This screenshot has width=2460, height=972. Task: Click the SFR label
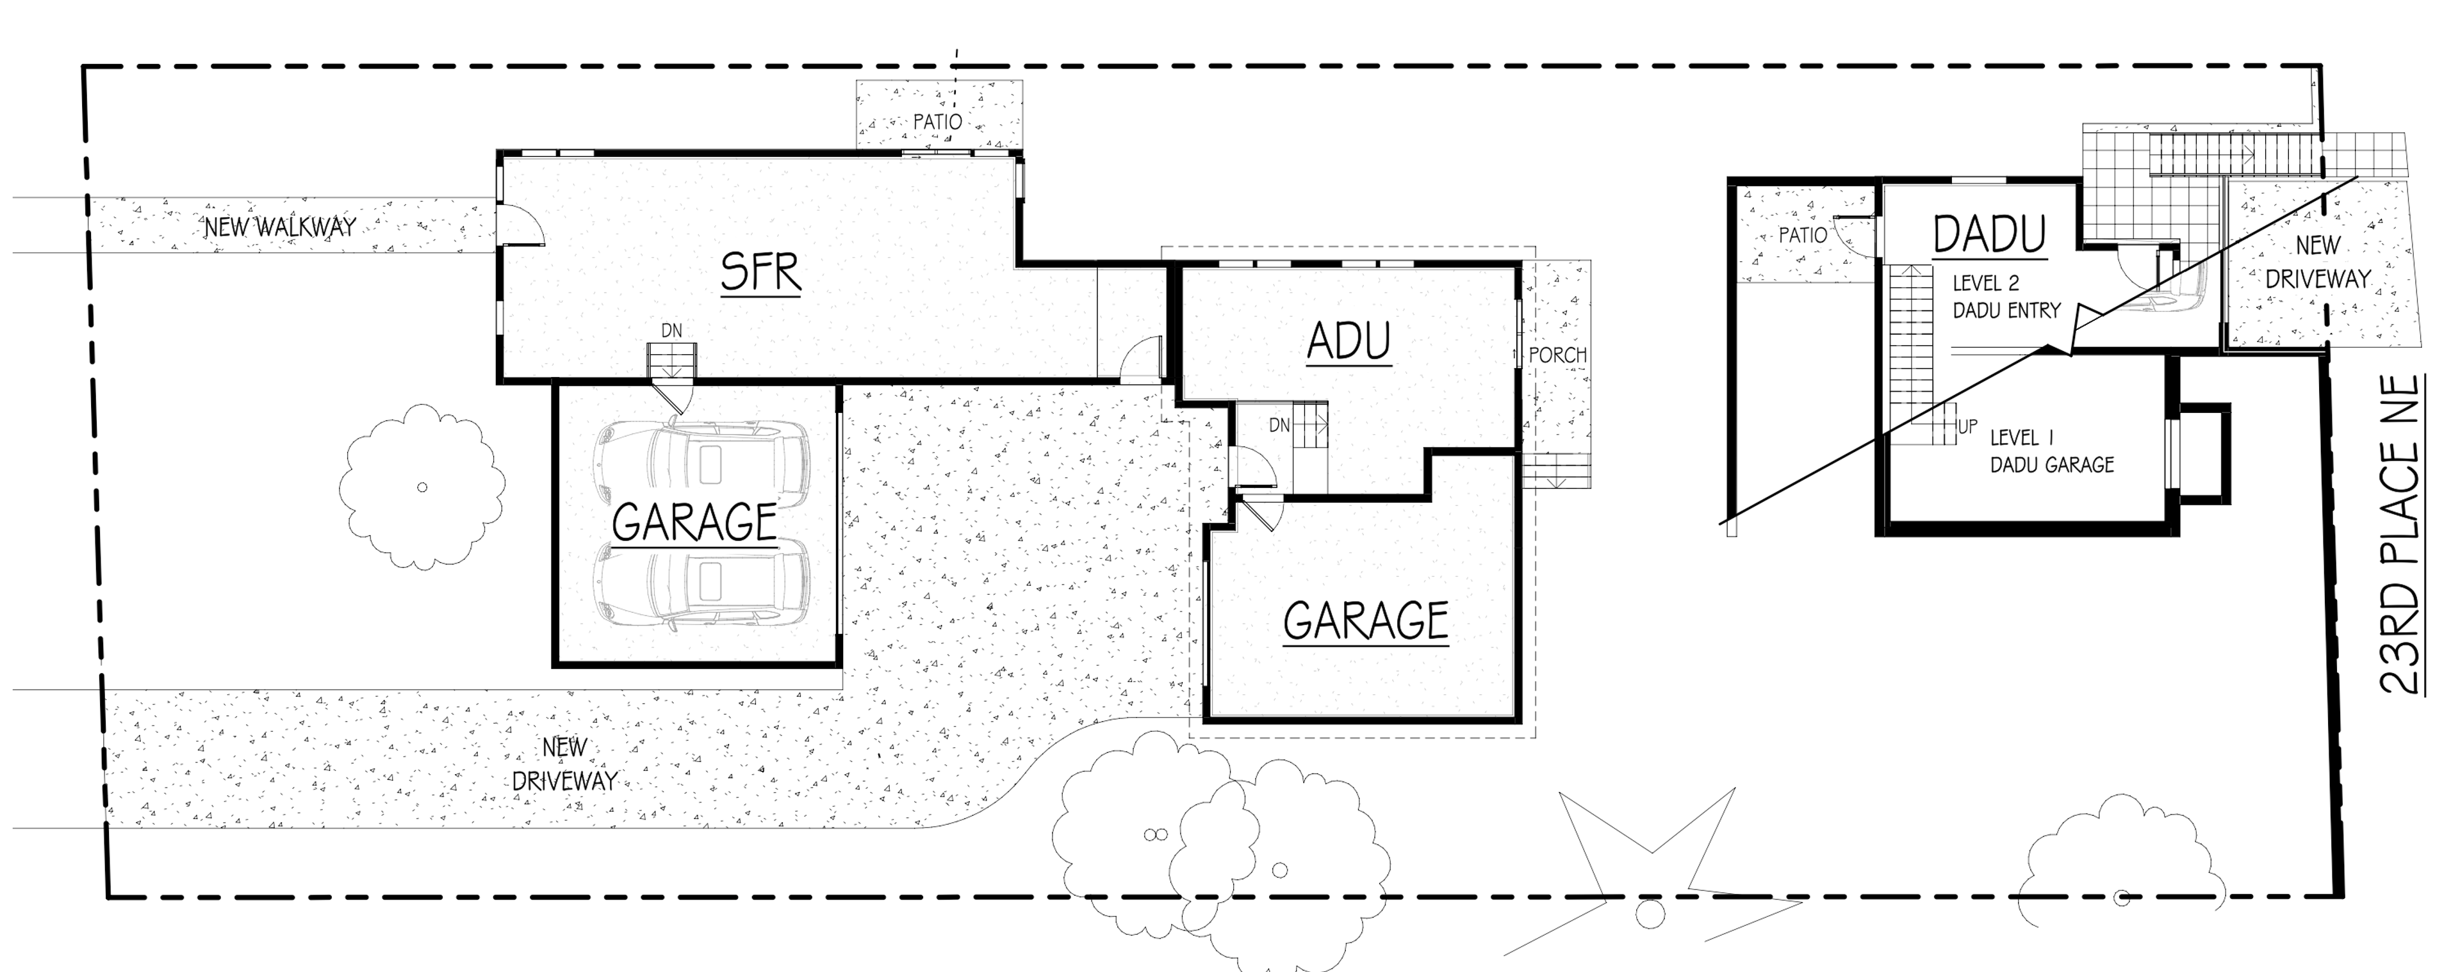click(x=760, y=272)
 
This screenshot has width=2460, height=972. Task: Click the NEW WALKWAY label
click(x=280, y=227)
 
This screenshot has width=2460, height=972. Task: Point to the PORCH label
click(x=1557, y=355)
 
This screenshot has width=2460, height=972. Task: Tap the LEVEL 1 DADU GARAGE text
click(x=2051, y=451)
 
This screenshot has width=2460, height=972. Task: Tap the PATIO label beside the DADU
click(x=1802, y=235)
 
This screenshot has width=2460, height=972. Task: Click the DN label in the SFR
click(x=671, y=331)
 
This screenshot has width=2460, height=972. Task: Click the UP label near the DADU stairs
click(x=1968, y=427)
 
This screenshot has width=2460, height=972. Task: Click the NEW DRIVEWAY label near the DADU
click(x=2318, y=263)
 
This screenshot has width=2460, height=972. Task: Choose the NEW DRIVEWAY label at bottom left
click(x=564, y=764)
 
